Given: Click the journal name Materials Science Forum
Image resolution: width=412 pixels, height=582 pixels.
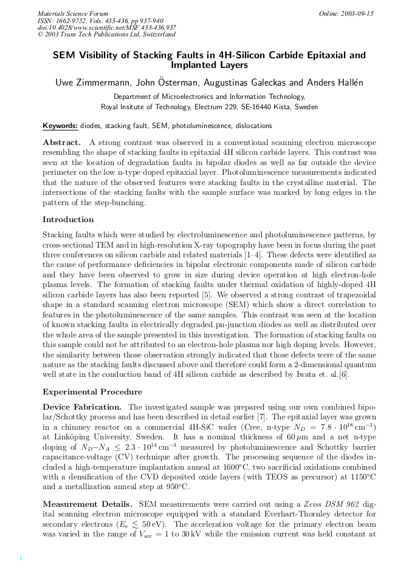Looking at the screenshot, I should click(73, 13).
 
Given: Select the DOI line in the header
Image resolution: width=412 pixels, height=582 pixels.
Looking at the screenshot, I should click(107, 27).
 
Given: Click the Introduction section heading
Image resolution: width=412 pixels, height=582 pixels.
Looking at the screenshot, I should click(68, 220).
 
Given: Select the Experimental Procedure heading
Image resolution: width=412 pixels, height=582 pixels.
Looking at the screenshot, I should click(92, 392).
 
